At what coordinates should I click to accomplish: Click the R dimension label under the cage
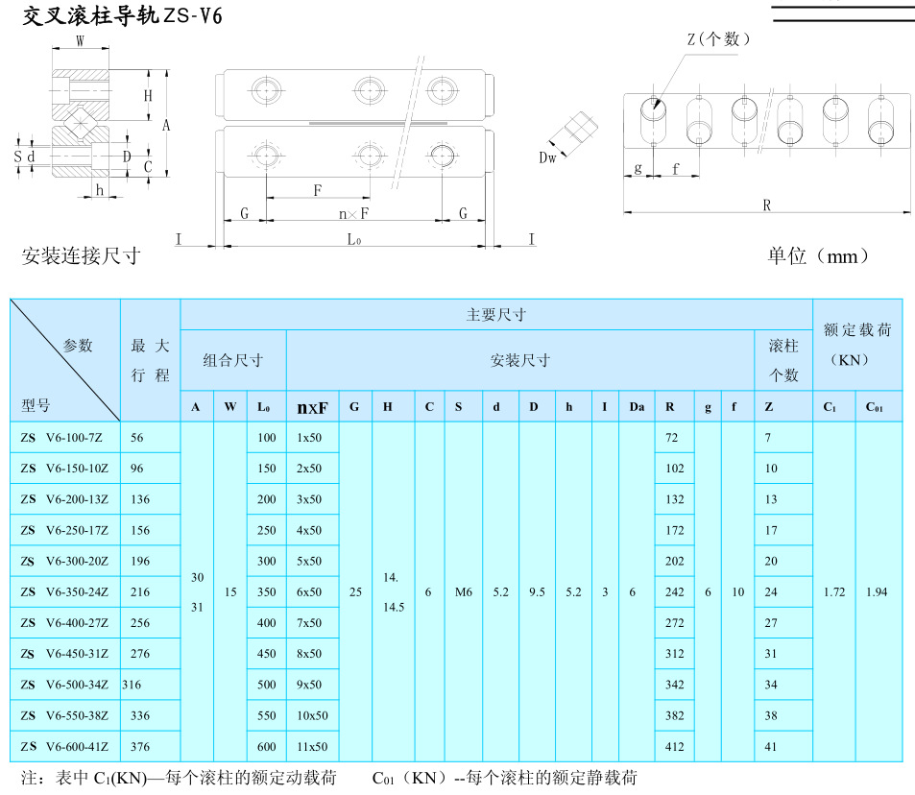coord(766,205)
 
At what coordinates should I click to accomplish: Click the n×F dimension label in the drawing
coord(354,213)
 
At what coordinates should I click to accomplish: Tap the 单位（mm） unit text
coord(818,256)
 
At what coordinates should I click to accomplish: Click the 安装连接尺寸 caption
coord(81,256)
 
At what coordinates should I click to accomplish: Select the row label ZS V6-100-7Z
coord(64,438)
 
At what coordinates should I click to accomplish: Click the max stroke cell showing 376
coord(140,746)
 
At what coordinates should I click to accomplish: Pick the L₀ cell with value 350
coord(266,592)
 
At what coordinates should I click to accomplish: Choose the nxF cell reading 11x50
coord(312,746)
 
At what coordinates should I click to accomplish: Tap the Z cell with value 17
coord(771,530)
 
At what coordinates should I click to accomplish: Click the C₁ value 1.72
coord(833,592)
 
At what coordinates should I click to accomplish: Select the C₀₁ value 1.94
coord(876,592)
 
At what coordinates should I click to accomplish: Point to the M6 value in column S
coord(464,592)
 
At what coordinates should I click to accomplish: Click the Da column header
coord(636,407)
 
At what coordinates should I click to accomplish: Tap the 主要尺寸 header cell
coord(495,315)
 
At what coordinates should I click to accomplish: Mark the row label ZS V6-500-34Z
coord(64,685)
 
